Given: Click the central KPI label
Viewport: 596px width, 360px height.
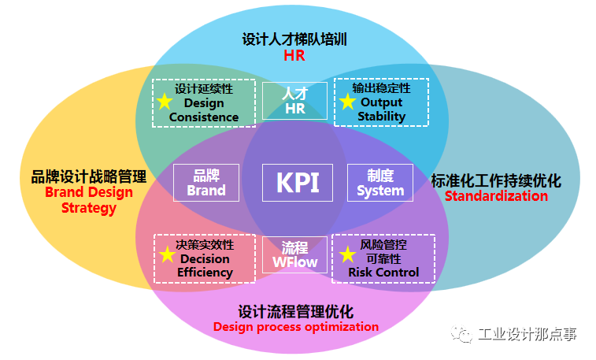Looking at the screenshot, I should (298, 182).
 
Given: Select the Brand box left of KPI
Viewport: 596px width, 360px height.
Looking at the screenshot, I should (206, 182).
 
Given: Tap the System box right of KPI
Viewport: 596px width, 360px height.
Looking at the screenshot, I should (380, 183).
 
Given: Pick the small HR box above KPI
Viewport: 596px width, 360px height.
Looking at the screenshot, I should (294, 101).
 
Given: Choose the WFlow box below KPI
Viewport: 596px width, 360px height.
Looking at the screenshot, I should (294, 254).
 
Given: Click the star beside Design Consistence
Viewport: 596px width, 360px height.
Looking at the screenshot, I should (164, 102).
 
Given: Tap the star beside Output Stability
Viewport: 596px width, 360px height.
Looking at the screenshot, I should (347, 102).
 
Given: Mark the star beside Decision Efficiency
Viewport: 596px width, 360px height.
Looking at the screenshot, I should (167, 255).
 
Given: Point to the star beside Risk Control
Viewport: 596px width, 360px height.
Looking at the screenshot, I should (347, 255).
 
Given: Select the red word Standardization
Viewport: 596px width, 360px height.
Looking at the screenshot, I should (496, 196).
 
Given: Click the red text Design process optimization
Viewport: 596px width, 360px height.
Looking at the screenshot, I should (295, 326).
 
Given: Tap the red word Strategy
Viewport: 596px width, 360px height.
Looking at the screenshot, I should (89, 208).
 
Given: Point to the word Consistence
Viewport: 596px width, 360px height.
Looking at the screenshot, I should (204, 117).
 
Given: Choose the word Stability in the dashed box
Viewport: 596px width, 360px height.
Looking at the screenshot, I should (382, 117).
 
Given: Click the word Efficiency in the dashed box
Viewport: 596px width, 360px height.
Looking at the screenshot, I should (205, 273).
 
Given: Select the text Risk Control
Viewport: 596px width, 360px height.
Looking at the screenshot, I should (384, 273).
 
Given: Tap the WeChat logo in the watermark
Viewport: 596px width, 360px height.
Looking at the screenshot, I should (461, 335).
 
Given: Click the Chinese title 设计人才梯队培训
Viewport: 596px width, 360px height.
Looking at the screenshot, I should (294, 39).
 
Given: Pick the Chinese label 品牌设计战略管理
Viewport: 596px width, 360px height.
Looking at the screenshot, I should (89, 176).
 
